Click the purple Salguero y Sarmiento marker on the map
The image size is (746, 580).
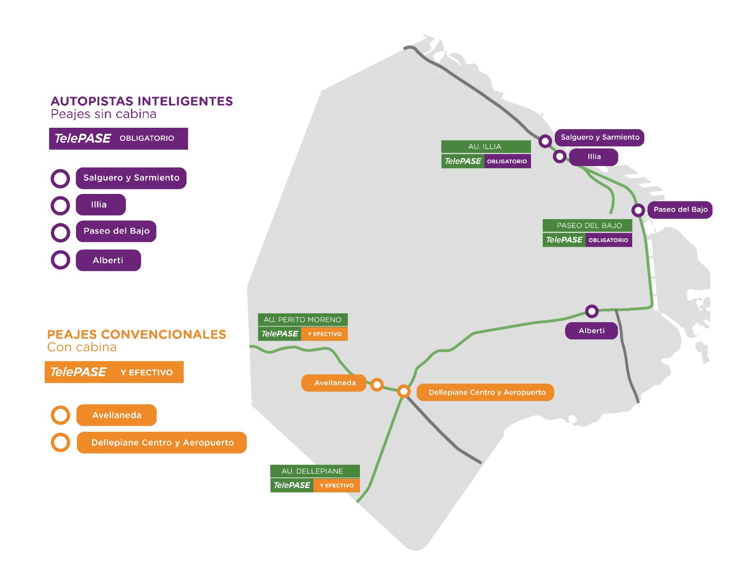point(545,140)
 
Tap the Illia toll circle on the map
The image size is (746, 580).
point(559,157)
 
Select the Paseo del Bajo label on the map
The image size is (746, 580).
point(680,210)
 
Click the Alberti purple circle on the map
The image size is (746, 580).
point(592,311)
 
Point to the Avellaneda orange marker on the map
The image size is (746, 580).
point(377,385)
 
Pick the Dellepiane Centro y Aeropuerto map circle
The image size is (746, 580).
point(404,391)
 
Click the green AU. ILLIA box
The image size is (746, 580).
point(486,146)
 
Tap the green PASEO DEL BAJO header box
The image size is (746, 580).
point(587,226)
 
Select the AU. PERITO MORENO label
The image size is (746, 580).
point(303,320)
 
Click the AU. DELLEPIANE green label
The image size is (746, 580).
point(315,471)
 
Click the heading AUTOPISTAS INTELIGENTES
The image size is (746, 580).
point(142,101)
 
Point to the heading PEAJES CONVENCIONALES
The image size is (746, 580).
point(137,334)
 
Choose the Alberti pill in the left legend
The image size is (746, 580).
point(108,260)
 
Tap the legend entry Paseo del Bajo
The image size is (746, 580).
point(116,231)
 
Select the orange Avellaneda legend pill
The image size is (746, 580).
point(117,415)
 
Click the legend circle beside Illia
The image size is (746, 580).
point(60,205)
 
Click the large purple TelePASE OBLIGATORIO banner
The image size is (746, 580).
point(118,138)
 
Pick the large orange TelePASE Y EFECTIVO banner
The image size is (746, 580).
point(114,372)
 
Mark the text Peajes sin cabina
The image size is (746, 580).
point(104,114)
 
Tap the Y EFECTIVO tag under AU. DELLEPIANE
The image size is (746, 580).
point(337,485)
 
